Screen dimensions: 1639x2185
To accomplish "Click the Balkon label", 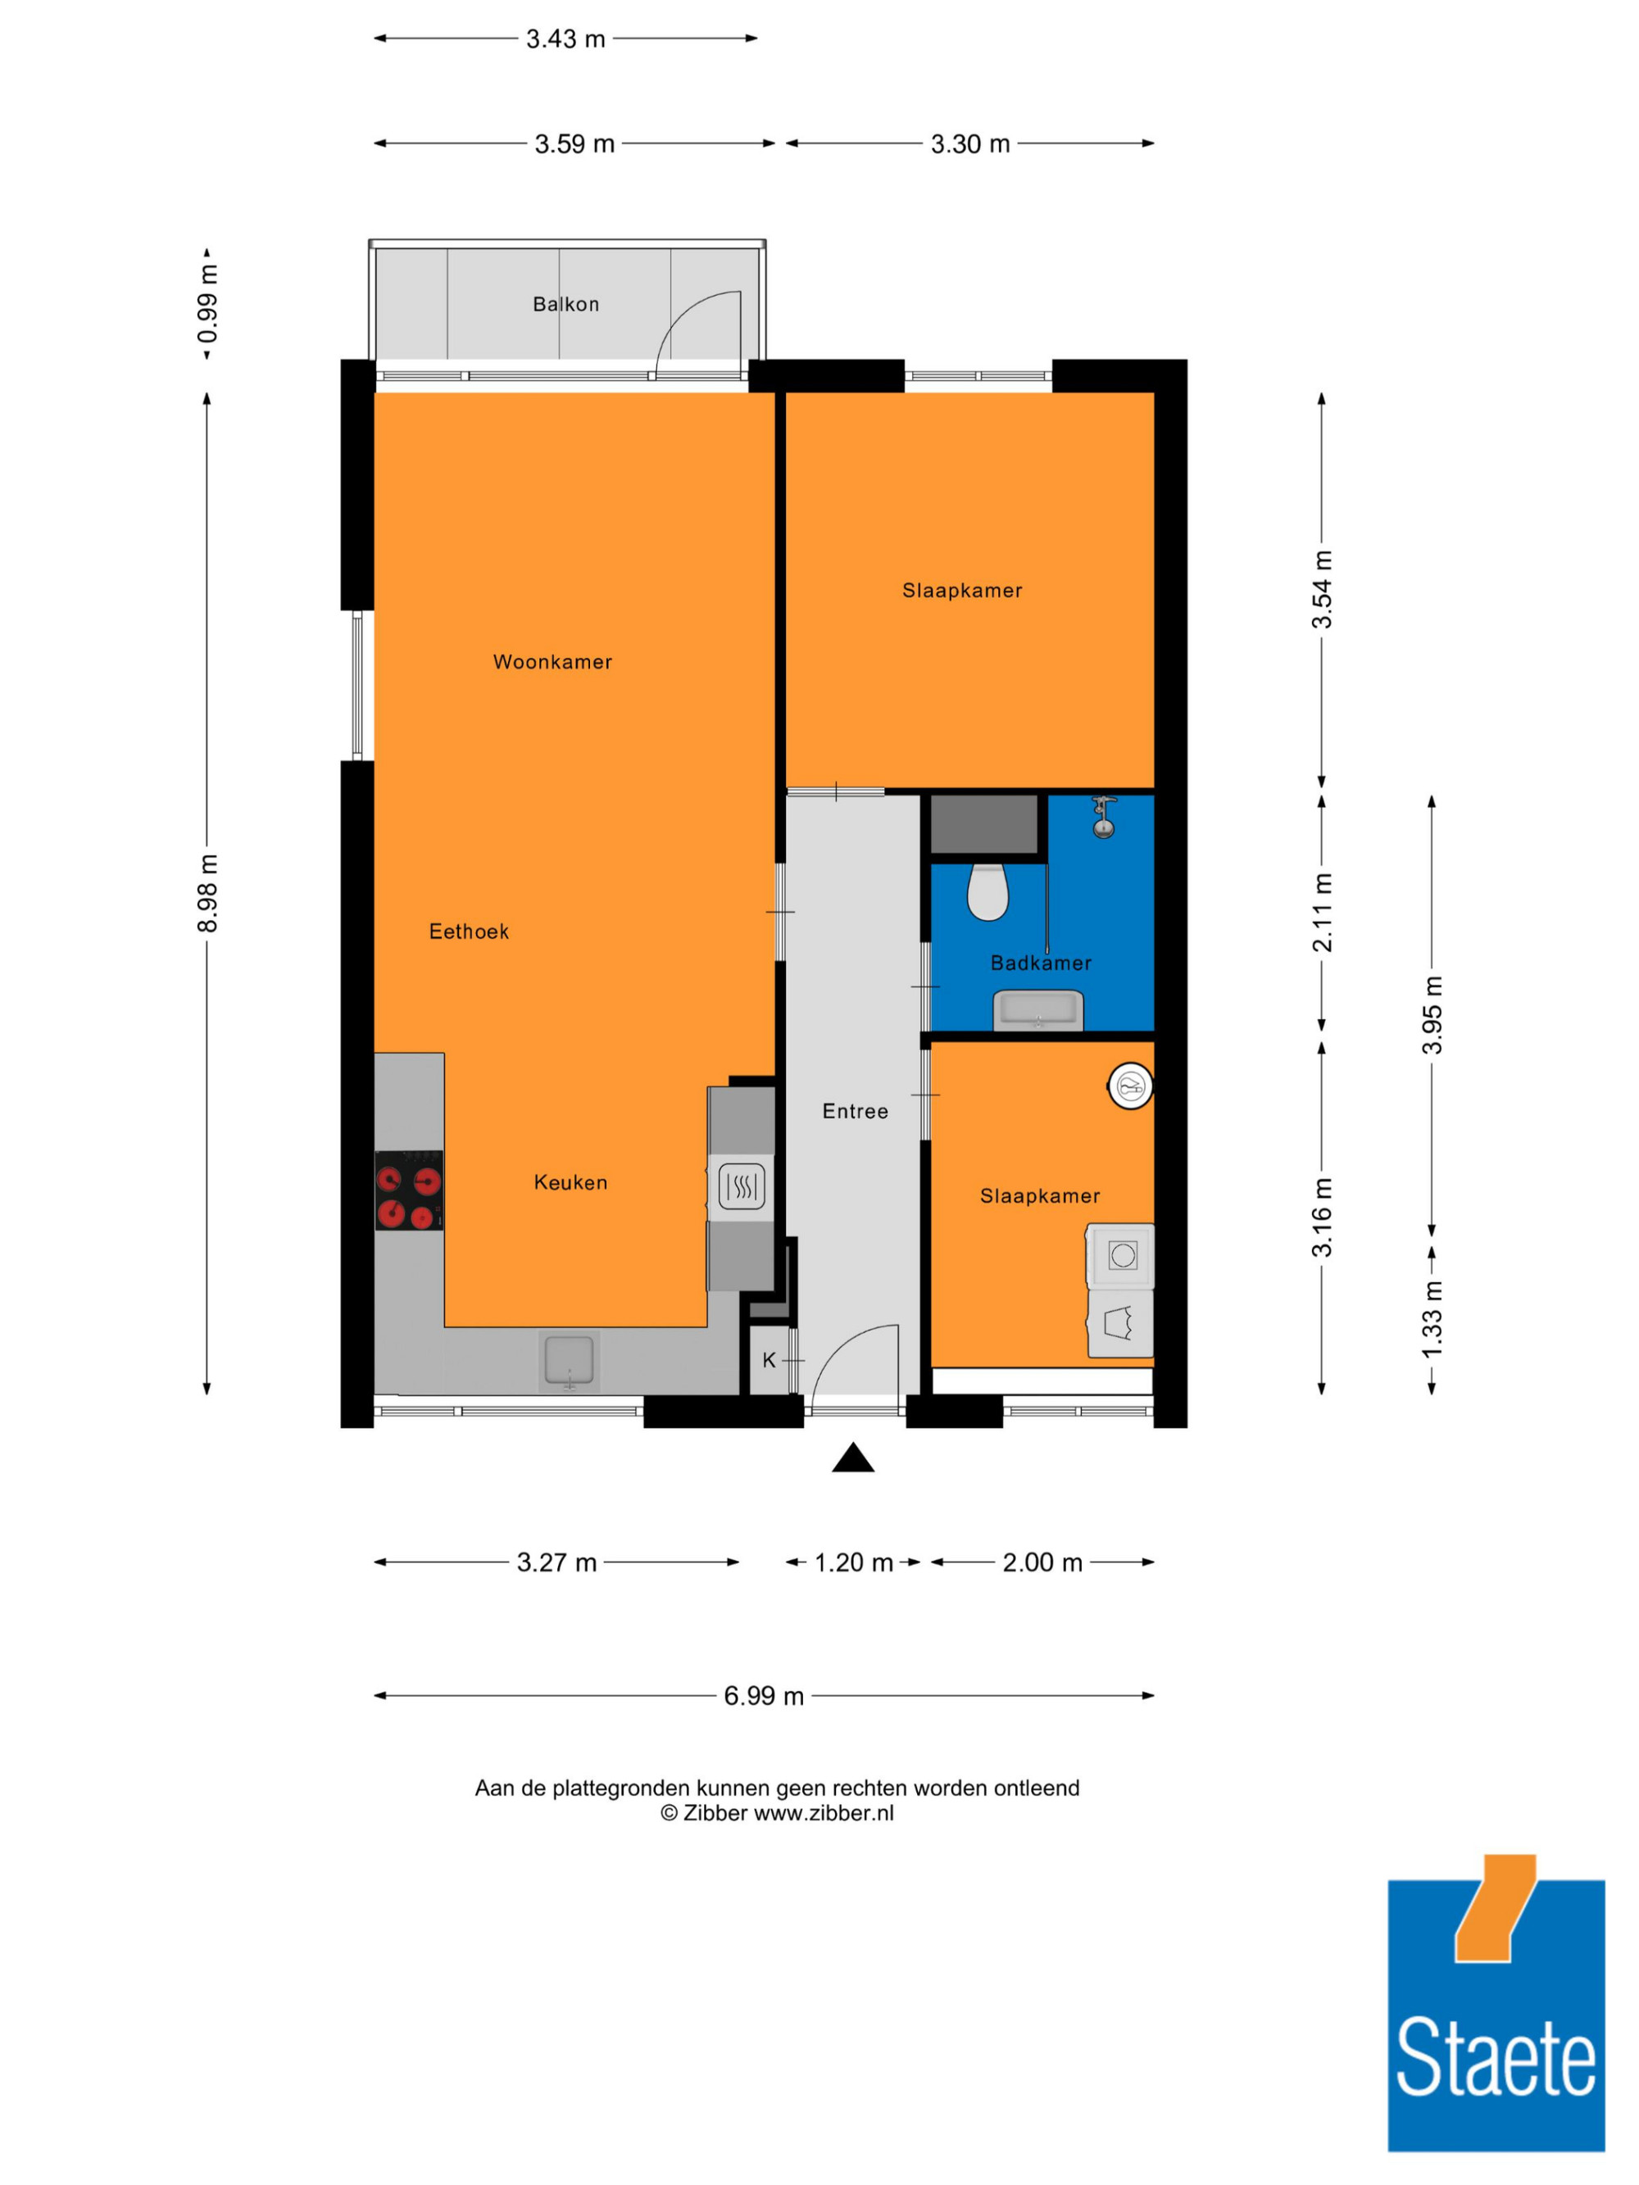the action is click(x=566, y=304).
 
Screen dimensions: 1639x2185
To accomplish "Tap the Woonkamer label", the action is click(x=552, y=662).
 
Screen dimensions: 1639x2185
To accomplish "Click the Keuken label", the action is click(x=570, y=1182).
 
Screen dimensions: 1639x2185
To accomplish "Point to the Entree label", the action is click(x=856, y=1111).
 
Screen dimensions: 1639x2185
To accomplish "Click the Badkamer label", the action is click(x=1042, y=963).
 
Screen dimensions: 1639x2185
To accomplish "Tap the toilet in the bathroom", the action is click(x=987, y=892).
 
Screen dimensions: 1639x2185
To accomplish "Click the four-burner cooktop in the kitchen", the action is click(x=409, y=1190).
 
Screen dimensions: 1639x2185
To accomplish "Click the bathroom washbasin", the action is click(x=1038, y=1010).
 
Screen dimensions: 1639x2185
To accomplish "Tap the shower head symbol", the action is click(x=1104, y=818).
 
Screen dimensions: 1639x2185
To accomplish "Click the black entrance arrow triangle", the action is click(x=852, y=1458).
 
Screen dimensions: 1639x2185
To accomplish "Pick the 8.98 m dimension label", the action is click(x=207, y=893).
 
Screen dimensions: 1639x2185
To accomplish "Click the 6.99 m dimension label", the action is click(x=764, y=1696).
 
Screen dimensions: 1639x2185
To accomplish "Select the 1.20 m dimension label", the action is click(x=854, y=1562).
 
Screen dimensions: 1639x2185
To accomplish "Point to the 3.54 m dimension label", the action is click(x=1322, y=590).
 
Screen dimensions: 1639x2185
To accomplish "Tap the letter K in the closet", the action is click(x=770, y=1360).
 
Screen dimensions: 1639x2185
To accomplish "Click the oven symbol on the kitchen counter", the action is click(x=741, y=1187).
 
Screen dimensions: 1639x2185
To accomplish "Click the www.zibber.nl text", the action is click(x=824, y=1812).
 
